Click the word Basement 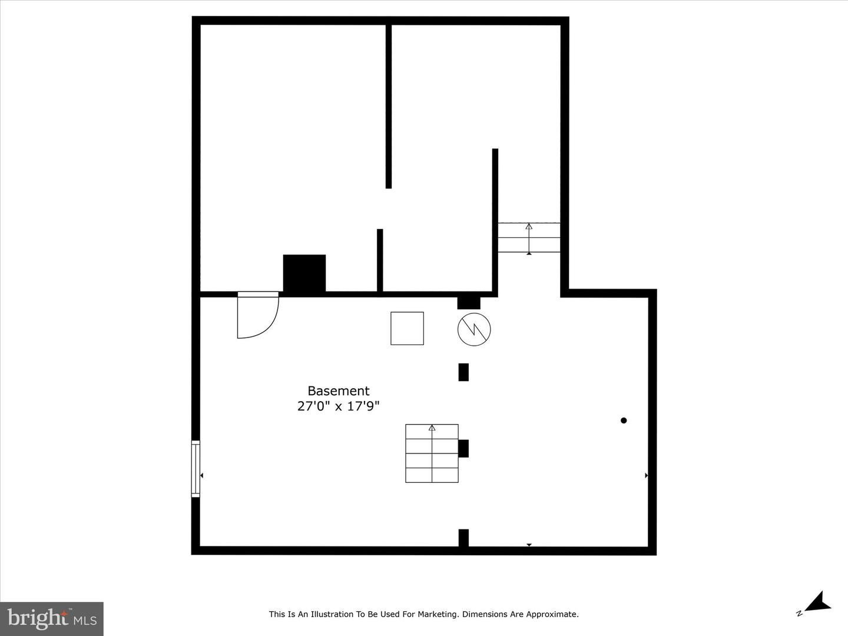339,391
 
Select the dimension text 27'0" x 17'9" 339,406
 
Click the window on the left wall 196,469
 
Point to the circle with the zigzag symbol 474,329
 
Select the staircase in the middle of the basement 432,453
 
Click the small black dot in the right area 624,420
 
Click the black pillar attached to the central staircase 463,448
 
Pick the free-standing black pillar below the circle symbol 463,372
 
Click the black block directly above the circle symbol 469,303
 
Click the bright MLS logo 52,618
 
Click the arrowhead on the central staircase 432,428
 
